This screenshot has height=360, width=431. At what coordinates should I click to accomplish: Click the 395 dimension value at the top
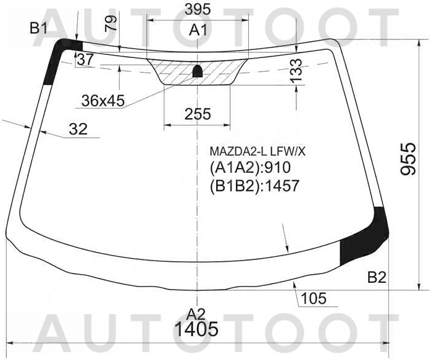click(198, 10)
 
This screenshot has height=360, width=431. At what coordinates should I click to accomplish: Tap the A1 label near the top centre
click(198, 30)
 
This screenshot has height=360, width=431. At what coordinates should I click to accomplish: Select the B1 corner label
click(38, 28)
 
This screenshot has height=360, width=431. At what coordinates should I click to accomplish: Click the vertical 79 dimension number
click(111, 23)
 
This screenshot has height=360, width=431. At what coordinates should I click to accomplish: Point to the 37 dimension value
click(85, 59)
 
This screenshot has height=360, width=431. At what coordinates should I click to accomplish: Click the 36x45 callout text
click(103, 101)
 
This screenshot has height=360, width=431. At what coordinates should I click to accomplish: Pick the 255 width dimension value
click(198, 114)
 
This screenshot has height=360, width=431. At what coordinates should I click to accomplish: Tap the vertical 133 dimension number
click(296, 70)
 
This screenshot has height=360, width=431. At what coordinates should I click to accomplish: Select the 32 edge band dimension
click(78, 129)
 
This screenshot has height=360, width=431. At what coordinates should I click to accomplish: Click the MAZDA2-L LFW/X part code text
click(257, 151)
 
